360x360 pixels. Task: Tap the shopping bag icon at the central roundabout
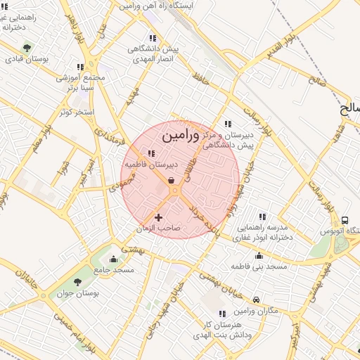click(172, 181)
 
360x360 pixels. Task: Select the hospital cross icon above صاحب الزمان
click(158, 217)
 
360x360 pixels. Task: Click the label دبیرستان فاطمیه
click(150, 165)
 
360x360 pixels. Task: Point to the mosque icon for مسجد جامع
click(115, 259)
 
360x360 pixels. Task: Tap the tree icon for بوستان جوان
click(78, 282)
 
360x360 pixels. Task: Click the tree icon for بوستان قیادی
click(27, 48)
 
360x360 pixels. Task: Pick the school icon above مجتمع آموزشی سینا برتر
click(80, 67)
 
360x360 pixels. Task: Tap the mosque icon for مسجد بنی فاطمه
click(259, 256)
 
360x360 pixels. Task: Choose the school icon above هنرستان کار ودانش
click(223, 314)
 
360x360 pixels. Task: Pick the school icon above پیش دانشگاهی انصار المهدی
click(152, 39)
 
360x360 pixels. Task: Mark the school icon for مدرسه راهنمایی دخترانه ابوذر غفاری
click(263, 217)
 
